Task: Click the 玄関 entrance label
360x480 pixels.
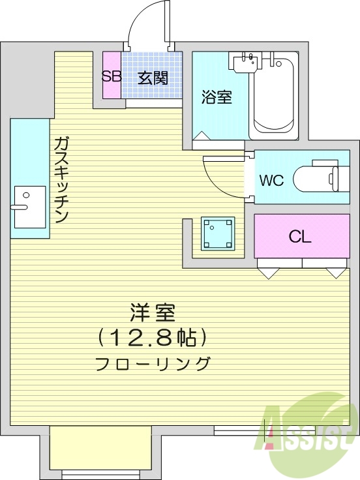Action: coord(153,78)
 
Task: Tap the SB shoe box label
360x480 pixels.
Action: coord(111,76)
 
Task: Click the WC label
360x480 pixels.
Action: coord(271,181)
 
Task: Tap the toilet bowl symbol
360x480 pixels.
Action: coord(316,177)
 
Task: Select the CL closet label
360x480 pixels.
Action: coord(300,236)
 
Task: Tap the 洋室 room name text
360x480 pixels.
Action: coord(153,313)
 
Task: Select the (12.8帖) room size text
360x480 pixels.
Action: coord(153,337)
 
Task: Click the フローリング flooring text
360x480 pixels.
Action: coord(153,363)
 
